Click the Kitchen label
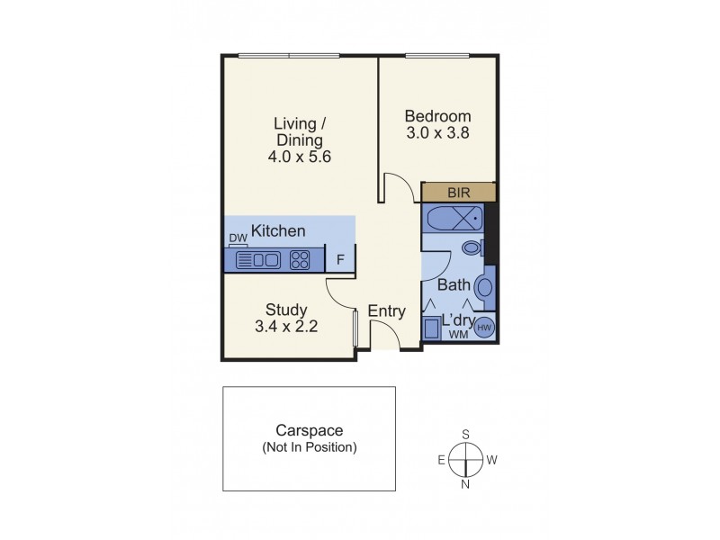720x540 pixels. pos(278,231)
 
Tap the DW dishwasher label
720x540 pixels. pos(238,238)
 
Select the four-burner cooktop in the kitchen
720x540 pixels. pos(300,260)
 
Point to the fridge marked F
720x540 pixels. pos(340,260)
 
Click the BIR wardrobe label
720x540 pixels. pos(458,193)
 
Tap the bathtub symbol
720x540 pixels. pos(453,218)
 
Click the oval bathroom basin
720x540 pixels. pos(483,288)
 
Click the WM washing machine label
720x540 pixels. pos(458,335)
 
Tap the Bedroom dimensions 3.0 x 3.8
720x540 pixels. pos(437,133)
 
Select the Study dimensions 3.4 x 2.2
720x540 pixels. pos(287,327)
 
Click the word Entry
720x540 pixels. pos(387,311)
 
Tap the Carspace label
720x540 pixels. pos(309,431)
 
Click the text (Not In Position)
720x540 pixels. pos(309,447)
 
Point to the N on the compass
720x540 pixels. pos(466,485)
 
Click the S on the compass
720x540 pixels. pos(466,435)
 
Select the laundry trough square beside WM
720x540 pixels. pos(432,328)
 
